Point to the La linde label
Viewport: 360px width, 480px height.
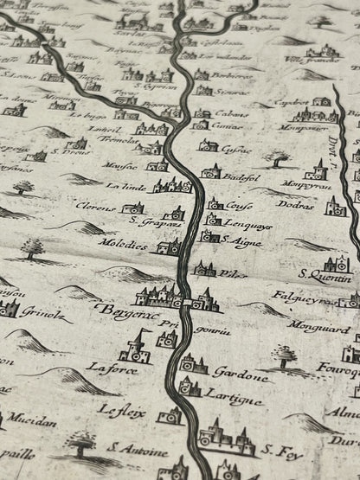point(128,185)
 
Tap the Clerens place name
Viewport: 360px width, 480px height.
point(95,208)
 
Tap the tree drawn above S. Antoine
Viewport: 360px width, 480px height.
point(83,442)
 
